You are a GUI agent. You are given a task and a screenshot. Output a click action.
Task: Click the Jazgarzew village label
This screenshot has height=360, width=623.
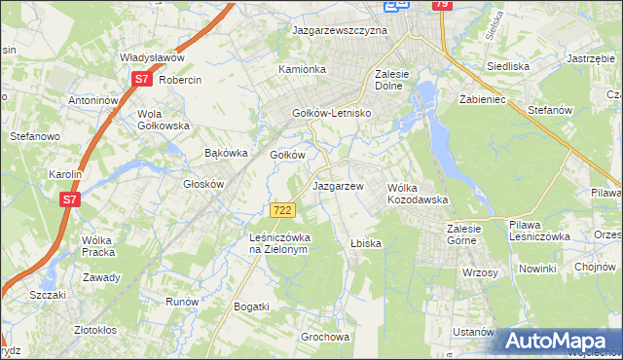[338, 185]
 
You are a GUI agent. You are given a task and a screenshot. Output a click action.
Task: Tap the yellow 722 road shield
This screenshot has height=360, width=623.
[282, 210]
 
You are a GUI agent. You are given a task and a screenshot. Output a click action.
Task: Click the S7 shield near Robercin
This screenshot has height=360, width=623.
[141, 80]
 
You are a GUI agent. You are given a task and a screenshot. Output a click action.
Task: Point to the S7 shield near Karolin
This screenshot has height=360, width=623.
[68, 199]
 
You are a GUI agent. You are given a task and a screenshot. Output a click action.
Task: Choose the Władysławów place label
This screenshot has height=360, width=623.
[152, 57]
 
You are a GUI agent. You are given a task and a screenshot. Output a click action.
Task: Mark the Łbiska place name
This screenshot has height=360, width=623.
[365, 242]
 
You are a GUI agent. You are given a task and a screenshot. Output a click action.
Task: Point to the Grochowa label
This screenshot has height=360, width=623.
[324, 338]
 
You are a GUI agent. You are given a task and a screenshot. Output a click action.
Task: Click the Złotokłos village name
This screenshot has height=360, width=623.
[102, 330]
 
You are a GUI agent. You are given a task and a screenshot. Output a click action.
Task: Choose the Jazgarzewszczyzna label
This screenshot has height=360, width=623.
[340, 30]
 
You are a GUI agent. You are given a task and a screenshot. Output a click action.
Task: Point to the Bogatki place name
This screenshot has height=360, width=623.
[251, 306]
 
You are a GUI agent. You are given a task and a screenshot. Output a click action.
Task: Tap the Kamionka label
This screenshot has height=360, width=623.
[302, 70]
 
